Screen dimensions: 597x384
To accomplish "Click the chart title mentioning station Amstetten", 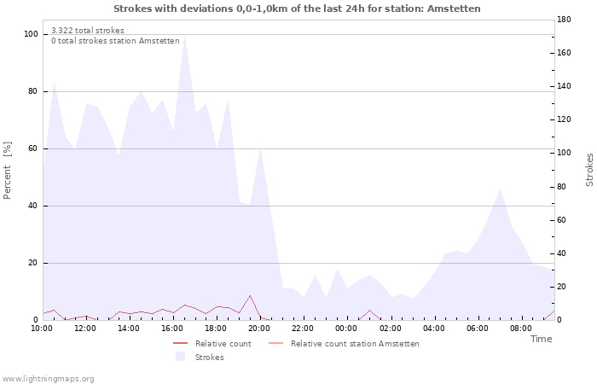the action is click(297, 9).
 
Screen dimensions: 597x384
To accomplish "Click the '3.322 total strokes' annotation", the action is click(88, 31).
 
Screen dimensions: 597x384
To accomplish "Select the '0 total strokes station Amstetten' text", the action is click(115, 41).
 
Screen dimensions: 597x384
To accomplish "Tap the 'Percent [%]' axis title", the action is click(7, 171).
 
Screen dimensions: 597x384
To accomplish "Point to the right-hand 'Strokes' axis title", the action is click(589, 170).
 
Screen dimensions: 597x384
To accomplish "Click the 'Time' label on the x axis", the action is click(541, 339).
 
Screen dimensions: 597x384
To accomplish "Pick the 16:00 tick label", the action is click(172, 329).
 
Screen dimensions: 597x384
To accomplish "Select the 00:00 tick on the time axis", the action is click(346, 329).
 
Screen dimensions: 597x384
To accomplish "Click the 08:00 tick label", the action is click(520, 329).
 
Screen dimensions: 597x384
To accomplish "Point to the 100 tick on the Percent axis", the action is click(31, 34).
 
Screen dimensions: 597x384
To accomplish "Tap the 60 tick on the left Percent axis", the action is click(32, 148).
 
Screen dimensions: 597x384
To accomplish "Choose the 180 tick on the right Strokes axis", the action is click(564, 20).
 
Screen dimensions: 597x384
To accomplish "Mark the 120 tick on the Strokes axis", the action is click(564, 119).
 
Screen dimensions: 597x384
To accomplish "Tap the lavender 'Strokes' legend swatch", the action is click(180, 357).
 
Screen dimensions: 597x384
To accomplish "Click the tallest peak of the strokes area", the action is click(185, 37).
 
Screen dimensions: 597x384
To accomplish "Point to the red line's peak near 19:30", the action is click(250, 295).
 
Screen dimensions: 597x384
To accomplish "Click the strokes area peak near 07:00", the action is click(500, 189).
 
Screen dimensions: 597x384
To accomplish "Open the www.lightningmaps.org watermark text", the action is click(48, 379).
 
